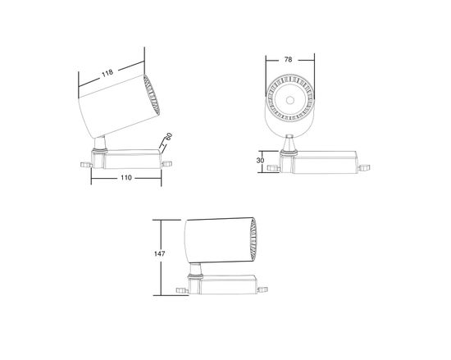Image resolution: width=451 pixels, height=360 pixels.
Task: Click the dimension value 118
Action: (107, 72)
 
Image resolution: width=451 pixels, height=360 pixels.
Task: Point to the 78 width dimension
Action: (289, 59)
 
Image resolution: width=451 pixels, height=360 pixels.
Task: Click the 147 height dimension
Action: (161, 254)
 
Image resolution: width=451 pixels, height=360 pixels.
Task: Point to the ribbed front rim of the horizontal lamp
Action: (252, 240)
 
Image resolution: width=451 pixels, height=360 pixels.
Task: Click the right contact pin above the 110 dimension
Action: (168, 164)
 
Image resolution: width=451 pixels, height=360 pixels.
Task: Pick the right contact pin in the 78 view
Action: (362, 171)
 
